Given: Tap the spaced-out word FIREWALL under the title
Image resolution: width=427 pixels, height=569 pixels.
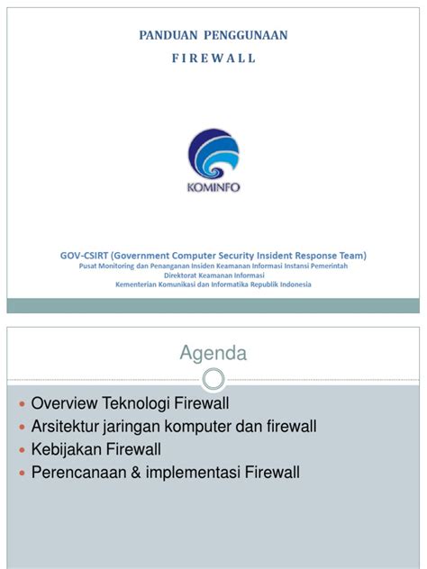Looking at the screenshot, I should (213, 58).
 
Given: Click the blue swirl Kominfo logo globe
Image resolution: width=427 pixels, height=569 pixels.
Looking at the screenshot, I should (213, 154).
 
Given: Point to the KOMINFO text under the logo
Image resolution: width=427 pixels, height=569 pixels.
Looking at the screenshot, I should (213, 188).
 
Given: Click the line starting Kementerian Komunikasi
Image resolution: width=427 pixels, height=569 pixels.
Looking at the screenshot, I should (213, 285).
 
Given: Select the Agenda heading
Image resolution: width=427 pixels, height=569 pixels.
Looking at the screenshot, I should (213, 354).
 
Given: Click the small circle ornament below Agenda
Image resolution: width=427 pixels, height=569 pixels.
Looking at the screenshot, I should (213, 376).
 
